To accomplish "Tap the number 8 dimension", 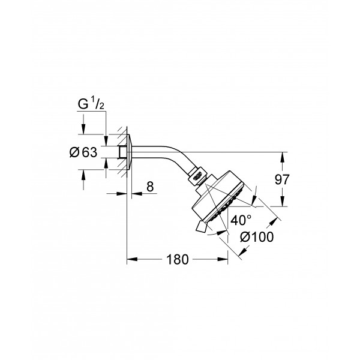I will point(150,188).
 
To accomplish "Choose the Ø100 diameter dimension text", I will point(256,237).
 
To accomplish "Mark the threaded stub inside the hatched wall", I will point(122,151).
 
